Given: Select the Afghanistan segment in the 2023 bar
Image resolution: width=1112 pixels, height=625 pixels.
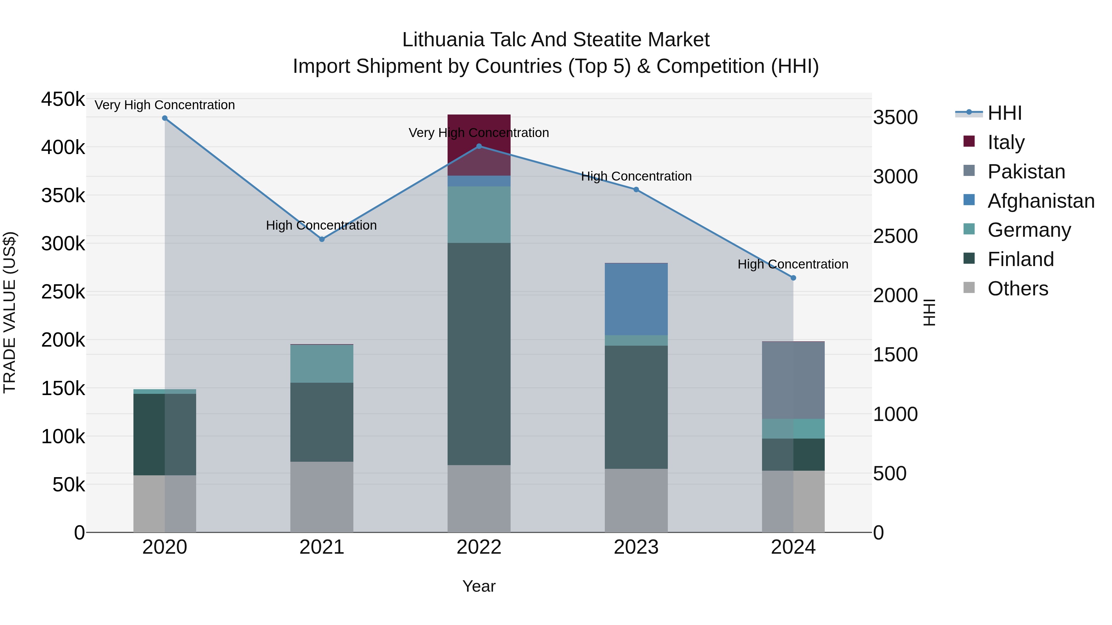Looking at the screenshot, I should (x=636, y=299).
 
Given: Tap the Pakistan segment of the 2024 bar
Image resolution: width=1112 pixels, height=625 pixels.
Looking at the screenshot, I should (x=793, y=380).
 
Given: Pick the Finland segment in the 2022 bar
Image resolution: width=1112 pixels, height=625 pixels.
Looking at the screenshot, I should (x=479, y=354).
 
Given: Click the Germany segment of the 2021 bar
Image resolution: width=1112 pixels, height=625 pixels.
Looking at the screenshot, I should (x=322, y=364).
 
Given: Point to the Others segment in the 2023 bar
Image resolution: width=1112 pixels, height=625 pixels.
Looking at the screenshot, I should (x=636, y=500).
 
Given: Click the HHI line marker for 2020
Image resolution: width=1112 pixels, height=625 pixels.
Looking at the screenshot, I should (x=164, y=118).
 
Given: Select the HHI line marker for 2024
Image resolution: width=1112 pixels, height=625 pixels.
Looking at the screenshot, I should (x=793, y=278).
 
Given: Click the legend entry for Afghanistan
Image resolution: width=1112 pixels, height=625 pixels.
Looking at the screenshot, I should (x=1041, y=201).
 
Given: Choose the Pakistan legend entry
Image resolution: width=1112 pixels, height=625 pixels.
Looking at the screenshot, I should (x=1026, y=172).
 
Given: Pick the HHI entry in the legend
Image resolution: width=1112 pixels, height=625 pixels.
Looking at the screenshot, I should (x=1004, y=113).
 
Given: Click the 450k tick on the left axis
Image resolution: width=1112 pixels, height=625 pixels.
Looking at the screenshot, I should (x=63, y=99).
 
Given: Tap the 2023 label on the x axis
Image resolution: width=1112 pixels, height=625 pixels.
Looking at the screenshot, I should (x=636, y=547).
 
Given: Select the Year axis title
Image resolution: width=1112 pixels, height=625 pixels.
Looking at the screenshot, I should (x=479, y=586).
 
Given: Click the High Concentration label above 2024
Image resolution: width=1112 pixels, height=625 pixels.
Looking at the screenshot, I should (x=793, y=264).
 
